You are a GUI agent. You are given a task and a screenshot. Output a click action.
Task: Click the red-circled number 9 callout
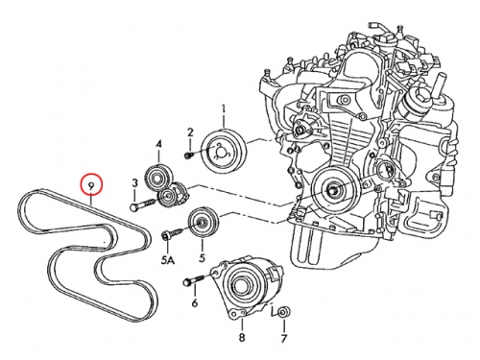91,185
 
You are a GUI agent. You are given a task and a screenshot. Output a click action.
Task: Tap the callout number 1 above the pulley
224,110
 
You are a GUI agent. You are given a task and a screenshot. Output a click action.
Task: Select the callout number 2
190,132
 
